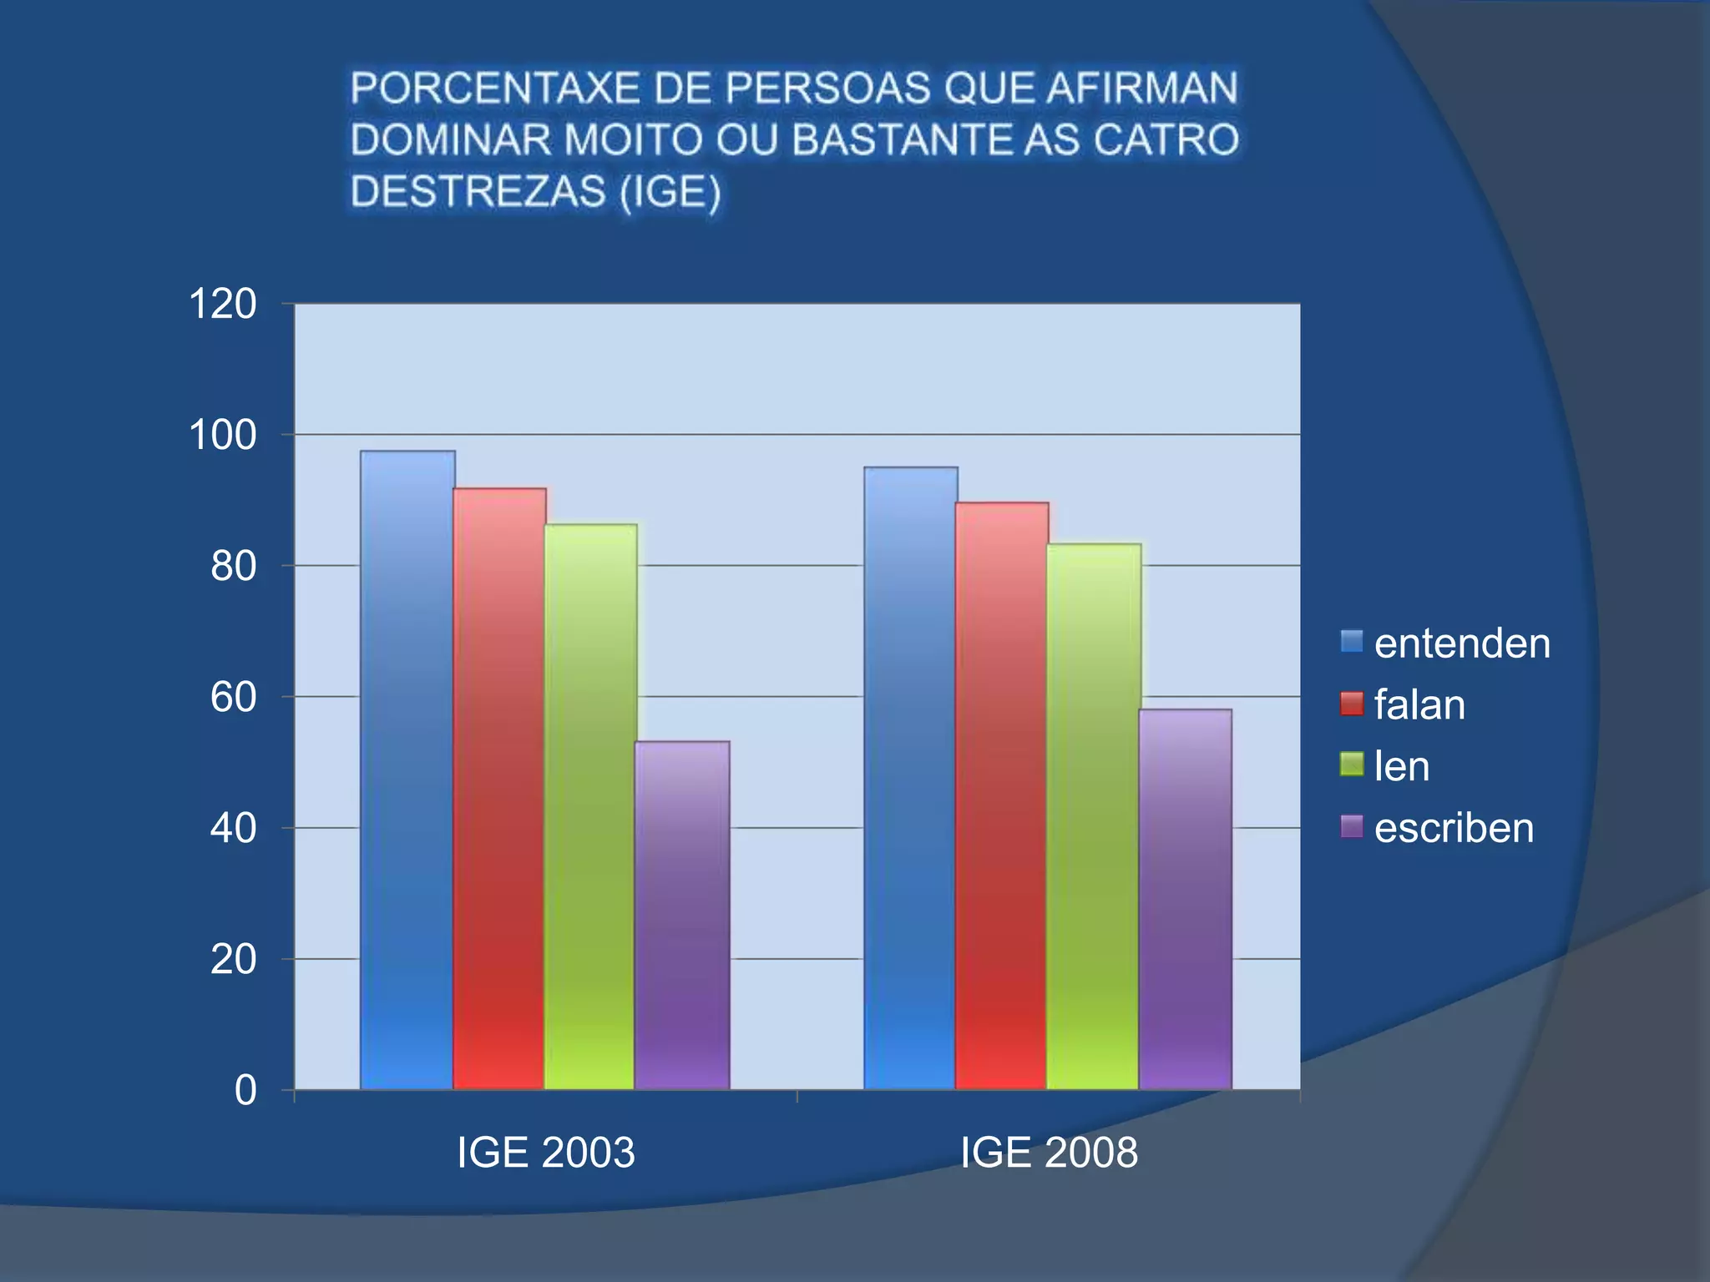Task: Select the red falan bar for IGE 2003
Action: [x=499, y=789]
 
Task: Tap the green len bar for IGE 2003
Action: [x=590, y=806]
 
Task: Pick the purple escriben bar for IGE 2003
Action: [x=682, y=915]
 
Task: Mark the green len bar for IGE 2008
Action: [x=1094, y=816]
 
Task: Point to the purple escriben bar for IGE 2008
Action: [x=1186, y=899]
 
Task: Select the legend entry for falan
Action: [x=1419, y=705]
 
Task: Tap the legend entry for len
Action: [x=1401, y=766]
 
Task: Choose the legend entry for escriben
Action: [x=1453, y=828]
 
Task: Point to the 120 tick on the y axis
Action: [x=222, y=304]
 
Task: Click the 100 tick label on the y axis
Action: [x=222, y=435]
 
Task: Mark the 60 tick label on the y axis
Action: [x=233, y=697]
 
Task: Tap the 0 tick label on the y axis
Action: [x=245, y=1090]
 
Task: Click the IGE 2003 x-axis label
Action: [x=545, y=1153]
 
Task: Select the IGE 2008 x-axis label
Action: [x=1049, y=1153]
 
